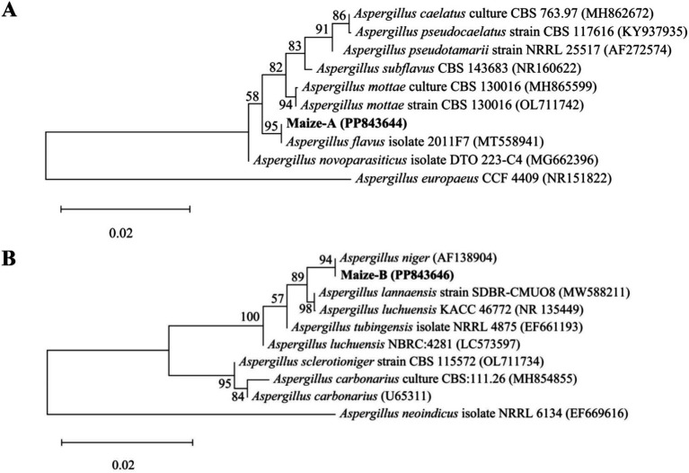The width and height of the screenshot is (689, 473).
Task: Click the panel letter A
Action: click(x=10, y=9)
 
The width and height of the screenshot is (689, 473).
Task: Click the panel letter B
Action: click(x=9, y=259)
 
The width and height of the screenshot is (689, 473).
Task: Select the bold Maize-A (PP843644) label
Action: click(x=346, y=123)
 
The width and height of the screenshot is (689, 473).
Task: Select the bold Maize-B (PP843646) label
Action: click(x=397, y=275)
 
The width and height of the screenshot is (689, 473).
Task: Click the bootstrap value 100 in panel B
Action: click(x=251, y=317)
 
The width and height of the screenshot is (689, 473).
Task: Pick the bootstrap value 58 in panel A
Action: click(x=253, y=96)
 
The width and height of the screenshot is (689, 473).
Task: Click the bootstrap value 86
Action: click(x=339, y=16)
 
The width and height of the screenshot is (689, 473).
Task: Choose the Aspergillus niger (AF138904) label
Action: click(x=419, y=258)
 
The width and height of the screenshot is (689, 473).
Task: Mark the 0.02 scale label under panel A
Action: click(x=121, y=233)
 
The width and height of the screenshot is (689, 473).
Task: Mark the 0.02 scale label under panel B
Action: click(x=122, y=465)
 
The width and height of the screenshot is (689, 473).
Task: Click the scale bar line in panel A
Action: click(x=125, y=209)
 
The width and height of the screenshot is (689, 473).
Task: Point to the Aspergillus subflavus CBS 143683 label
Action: click(x=448, y=68)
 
